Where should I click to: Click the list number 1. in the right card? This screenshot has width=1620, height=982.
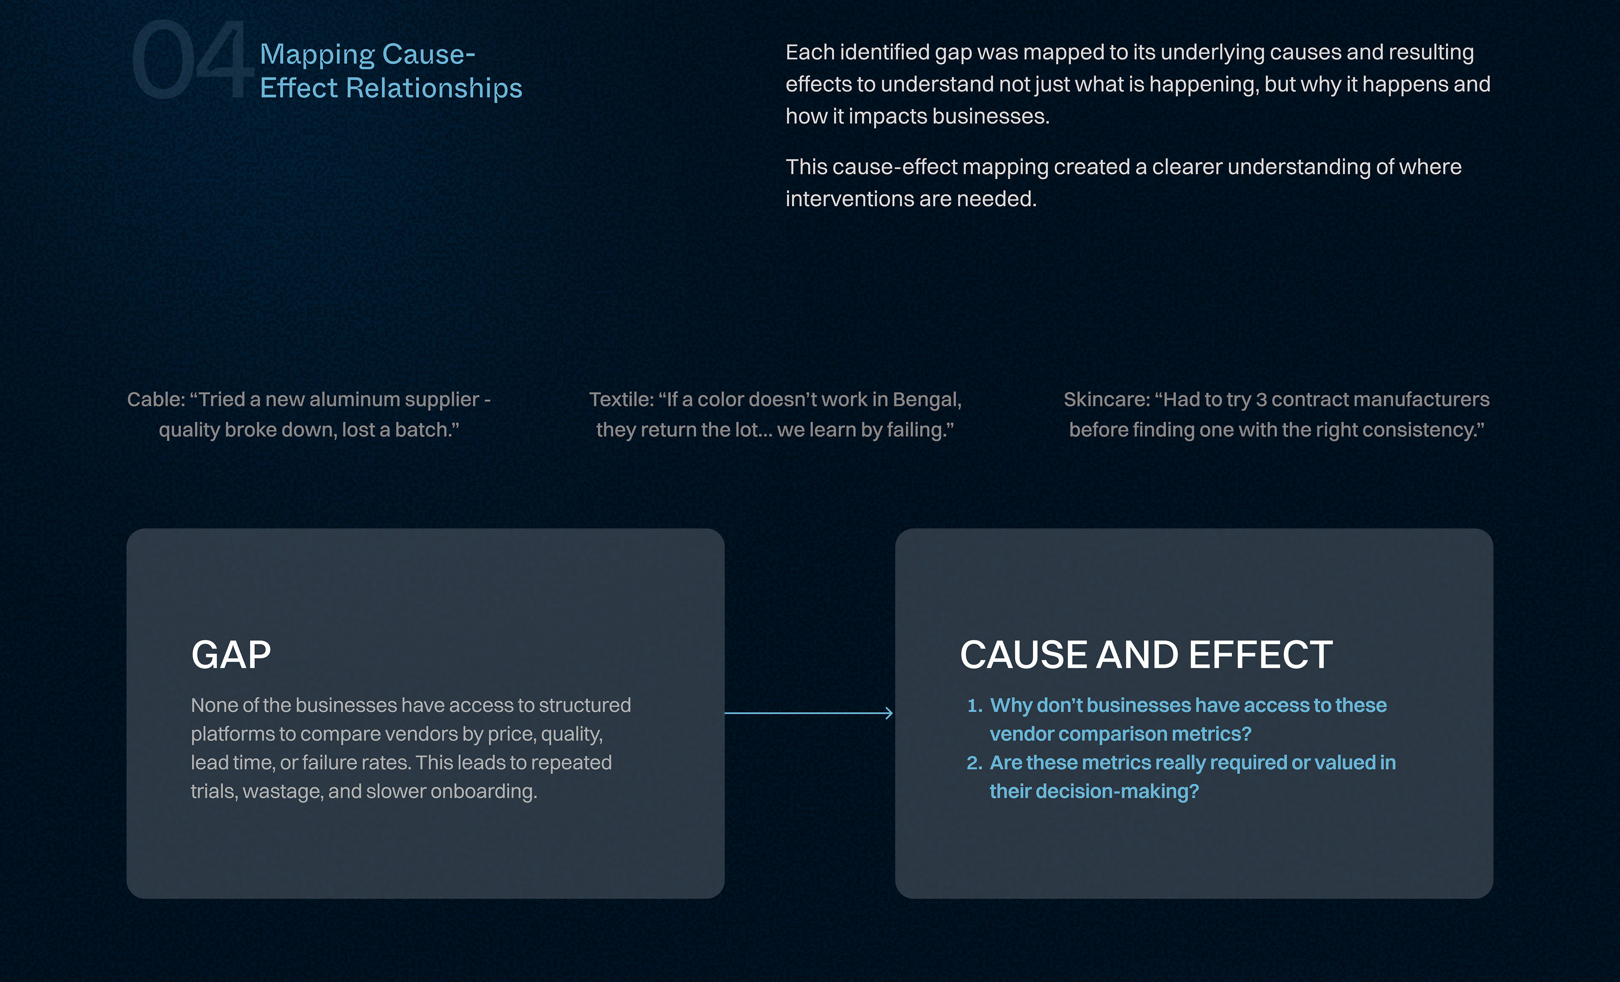(x=975, y=705)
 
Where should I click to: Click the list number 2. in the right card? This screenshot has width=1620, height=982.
(x=974, y=763)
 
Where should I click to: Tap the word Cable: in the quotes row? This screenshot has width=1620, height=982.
(x=156, y=399)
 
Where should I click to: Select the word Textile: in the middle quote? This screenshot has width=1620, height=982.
(x=621, y=399)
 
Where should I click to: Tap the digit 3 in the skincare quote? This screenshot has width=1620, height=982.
(x=1261, y=399)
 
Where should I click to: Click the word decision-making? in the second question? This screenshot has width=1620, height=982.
(x=1094, y=791)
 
